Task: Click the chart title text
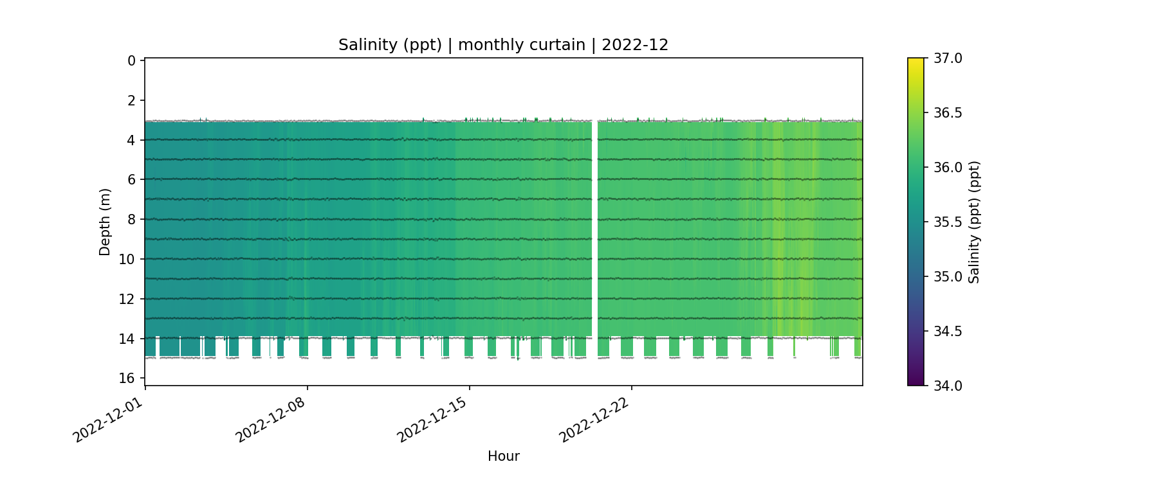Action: (503, 45)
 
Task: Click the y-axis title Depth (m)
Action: (105, 222)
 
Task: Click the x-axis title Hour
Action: (503, 456)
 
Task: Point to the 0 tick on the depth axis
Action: (131, 61)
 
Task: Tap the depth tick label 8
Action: (131, 220)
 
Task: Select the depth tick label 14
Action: (127, 339)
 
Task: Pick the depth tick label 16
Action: (127, 379)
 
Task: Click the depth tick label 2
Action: (131, 101)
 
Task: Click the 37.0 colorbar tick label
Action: (948, 58)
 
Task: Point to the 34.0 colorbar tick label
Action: (948, 386)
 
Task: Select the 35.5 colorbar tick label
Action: (948, 222)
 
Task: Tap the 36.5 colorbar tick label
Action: (948, 113)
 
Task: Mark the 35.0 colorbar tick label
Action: (948, 277)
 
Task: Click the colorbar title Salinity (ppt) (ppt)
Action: (974, 222)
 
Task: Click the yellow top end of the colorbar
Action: (915, 62)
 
